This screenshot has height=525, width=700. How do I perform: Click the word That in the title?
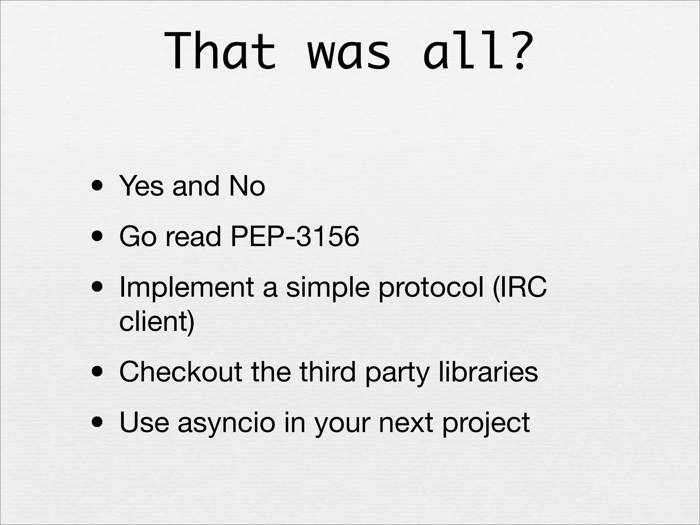pyautogui.click(x=220, y=51)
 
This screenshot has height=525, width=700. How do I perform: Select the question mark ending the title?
pyautogui.click(x=521, y=51)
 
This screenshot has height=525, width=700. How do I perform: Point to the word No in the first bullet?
pyautogui.click(x=247, y=186)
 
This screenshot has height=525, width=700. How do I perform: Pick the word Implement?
pyautogui.click(x=187, y=287)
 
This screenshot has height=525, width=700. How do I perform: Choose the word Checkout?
pyautogui.click(x=181, y=372)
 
